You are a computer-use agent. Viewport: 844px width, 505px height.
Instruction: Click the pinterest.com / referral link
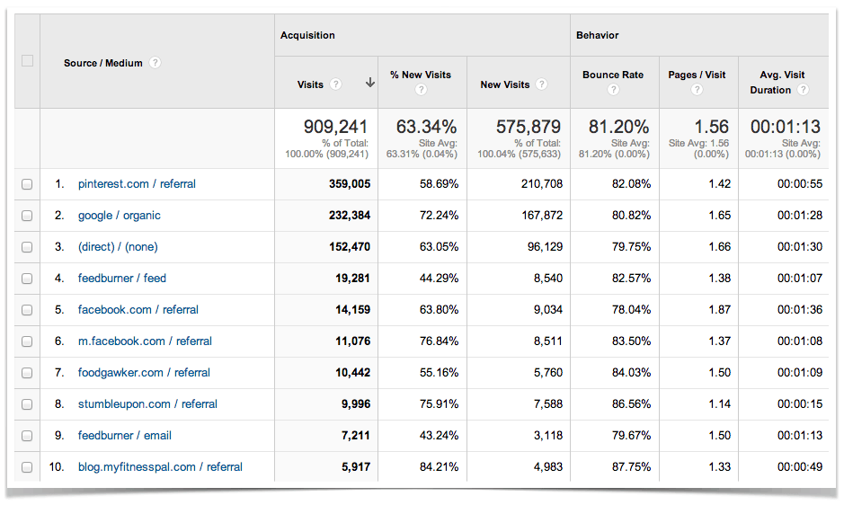(137, 184)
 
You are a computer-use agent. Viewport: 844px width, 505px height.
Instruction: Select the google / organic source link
(120, 216)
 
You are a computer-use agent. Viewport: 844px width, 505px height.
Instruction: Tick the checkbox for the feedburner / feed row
(27, 279)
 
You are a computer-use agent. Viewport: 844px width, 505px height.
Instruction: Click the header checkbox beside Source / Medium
(27, 61)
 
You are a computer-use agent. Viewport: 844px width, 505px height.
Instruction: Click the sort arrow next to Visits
(369, 84)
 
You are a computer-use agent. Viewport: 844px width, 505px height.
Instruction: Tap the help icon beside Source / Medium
(155, 63)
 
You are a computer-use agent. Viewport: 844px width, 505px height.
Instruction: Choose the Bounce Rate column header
(613, 75)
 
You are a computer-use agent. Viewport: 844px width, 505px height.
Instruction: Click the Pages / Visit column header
(697, 75)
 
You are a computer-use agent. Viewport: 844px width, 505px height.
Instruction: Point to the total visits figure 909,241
(336, 128)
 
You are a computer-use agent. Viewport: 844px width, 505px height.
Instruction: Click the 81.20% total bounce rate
(618, 128)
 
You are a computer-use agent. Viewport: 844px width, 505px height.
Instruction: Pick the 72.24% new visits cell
(435, 216)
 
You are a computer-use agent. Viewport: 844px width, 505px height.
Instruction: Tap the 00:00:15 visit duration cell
(799, 404)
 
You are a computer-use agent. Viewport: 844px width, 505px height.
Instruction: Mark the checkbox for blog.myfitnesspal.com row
(27, 467)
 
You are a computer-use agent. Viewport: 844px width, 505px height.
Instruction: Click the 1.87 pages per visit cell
(717, 310)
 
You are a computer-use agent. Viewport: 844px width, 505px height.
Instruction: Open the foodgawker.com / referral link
(144, 373)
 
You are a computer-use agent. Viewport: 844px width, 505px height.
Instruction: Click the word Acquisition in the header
(307, 36)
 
